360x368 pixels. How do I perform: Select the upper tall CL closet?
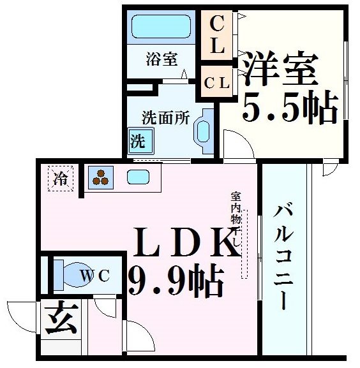218,36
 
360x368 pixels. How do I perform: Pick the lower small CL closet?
218,82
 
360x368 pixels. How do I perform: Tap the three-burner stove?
100,177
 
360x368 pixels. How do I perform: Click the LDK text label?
181,243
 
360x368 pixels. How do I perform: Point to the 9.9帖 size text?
175,279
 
